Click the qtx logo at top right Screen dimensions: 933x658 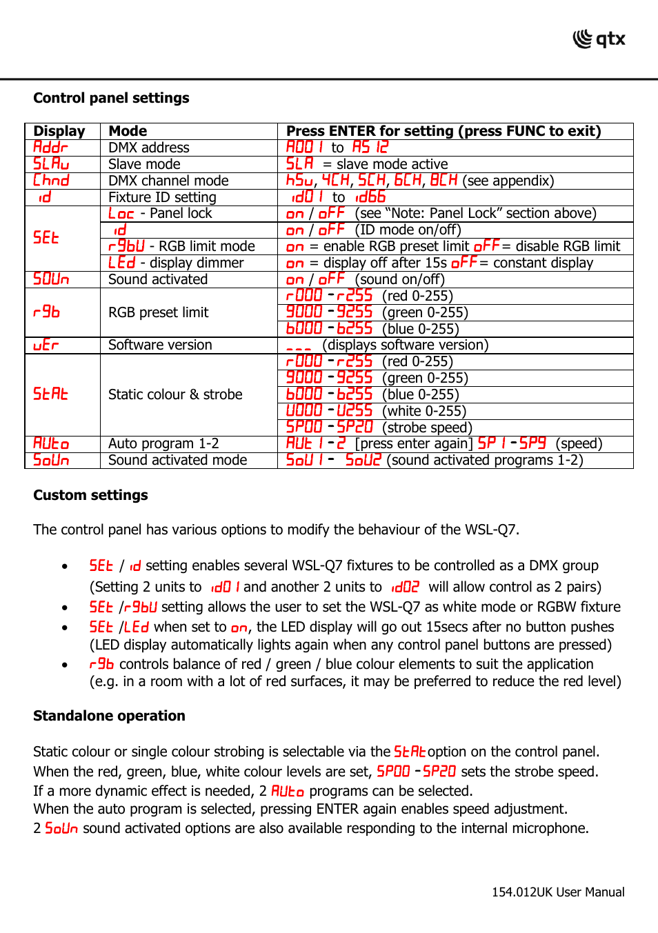tap(599, 39)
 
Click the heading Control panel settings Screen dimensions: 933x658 tap(111, 98)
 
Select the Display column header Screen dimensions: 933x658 tap(59, 131)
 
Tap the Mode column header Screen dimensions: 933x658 tap(128, 131)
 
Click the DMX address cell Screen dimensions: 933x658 tap(148, 148)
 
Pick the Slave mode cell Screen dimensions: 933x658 tap(144, 164)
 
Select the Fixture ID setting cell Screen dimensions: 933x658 tap(162, 197)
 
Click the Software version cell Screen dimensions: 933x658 tap(160, 345)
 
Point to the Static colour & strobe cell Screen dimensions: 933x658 tap(175, 394)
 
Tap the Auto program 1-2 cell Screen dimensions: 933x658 tap(163, 443)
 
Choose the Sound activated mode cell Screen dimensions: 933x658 tap(177, 460)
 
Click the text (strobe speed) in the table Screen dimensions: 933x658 tap(430, 428)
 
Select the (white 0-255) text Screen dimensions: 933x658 tap(424, 411)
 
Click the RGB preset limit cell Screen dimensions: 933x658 tap(158, 312)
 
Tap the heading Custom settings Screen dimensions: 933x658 tap(90, 495)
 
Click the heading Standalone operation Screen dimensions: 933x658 tap(109, 716)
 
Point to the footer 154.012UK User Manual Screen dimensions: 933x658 tap(557, 892)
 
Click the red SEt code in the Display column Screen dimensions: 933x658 tap(46, 238)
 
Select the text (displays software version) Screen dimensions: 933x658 tap(405, 345)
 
